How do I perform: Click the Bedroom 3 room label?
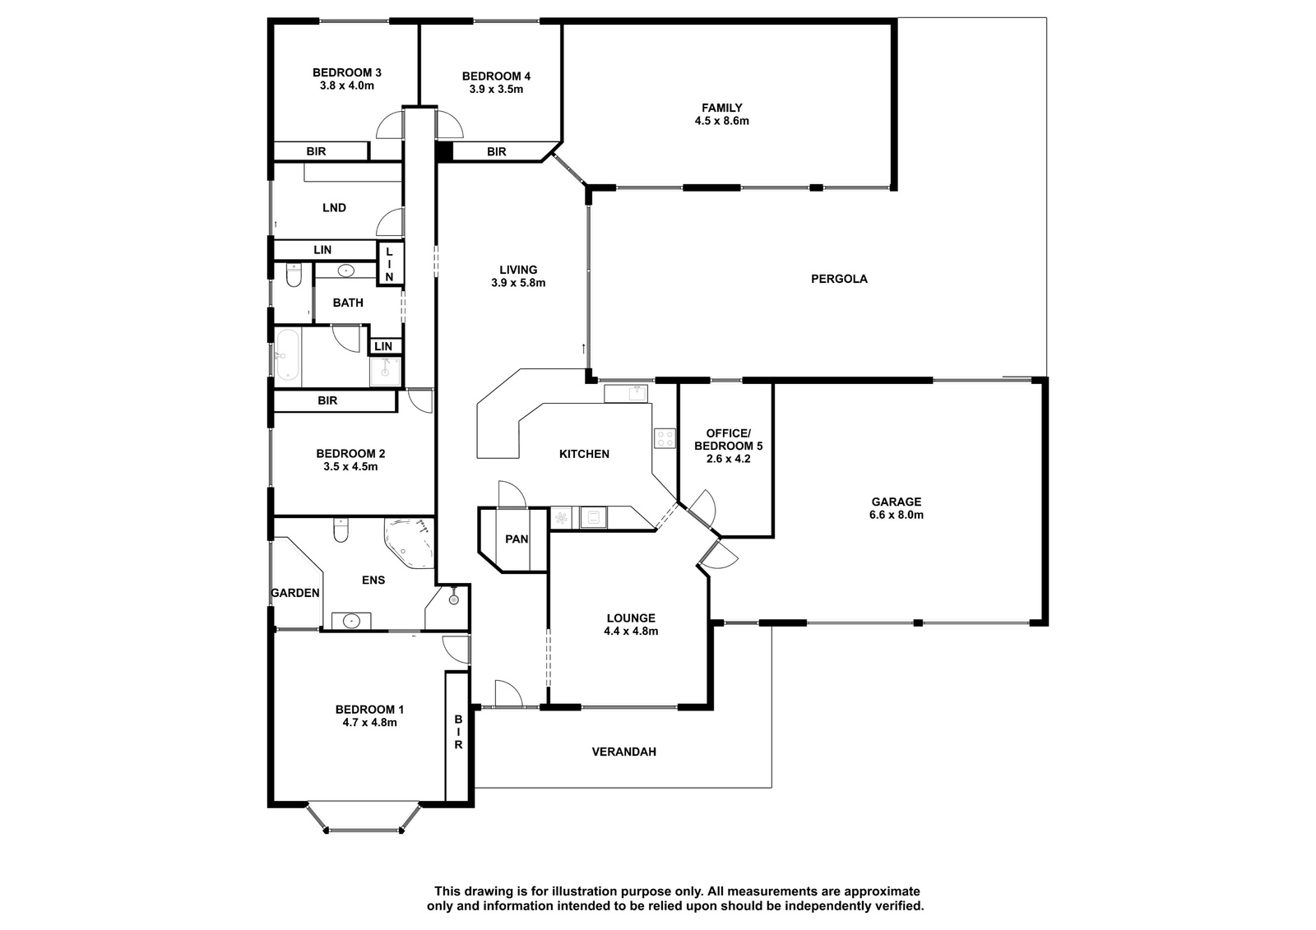(346, 73)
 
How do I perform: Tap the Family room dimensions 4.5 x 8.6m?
(721, 121)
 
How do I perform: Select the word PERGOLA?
(839, 279)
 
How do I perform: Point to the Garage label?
(896, 502)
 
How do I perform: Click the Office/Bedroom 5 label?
(728, 439)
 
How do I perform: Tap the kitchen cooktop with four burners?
(665, 438)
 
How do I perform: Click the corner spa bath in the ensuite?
(410, 543)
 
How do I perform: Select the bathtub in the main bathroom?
(288, 356)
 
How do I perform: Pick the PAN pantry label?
(517, 539)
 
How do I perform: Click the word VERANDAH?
(624, 752)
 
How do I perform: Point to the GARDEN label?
(295, 594)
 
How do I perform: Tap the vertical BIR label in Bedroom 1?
(458, 732)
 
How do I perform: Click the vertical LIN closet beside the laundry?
(390, 264)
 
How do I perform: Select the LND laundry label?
(334, 208)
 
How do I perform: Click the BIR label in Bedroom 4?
(497, 151)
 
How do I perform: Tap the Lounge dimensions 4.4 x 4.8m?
(631, 632)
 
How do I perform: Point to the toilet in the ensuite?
(341, 530)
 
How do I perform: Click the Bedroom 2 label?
(350, 454)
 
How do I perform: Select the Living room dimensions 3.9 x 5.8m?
(518, 283)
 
